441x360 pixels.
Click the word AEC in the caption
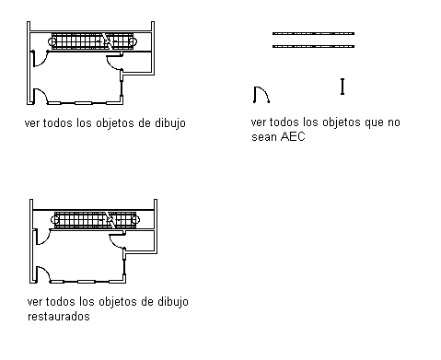coord(293,136)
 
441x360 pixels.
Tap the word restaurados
coord(59,316)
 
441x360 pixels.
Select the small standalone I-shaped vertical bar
coord(342,87)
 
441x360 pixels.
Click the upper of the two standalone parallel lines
coord(313,33)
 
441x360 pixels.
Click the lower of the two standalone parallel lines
coord(313,46)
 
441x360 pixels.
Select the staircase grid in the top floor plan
coord(92,41)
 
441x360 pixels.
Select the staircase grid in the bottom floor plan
coord(95,219)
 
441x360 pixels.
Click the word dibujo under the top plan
coord(170,123)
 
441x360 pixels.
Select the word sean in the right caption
coord(262,137)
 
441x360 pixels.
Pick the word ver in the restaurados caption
coord(33,302)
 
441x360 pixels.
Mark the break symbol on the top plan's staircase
coord(107,41)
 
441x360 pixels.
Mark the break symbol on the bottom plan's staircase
coord(110,220)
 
